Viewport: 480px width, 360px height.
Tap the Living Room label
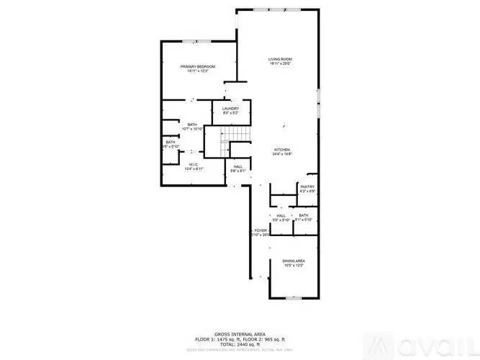[x=281, y=59]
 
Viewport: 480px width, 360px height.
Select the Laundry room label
[x=230, y=109]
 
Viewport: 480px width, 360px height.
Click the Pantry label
[x=308, y=186]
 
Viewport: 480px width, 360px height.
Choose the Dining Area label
[x=293, y=261]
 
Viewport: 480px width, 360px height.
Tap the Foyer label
[x=260, y=230]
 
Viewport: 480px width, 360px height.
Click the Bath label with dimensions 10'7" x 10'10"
[x=192, y=125]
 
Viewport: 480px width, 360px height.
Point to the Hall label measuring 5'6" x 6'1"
[x=238, y=166]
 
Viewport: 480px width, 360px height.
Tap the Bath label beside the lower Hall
[x=304, y=215]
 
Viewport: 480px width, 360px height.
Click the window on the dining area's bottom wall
[x=294, y=297]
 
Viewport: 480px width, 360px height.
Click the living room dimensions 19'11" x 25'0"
[x=281, y=64]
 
